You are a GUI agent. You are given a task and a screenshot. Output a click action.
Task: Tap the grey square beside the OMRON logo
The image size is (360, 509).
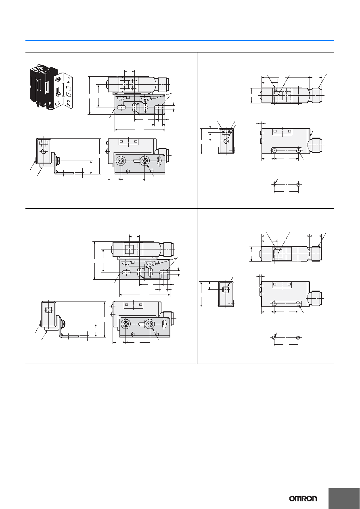[344, 494]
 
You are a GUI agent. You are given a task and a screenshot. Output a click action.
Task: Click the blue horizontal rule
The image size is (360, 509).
[180, 40]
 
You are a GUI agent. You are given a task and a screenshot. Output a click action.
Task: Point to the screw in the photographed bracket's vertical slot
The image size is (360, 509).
[58, 93]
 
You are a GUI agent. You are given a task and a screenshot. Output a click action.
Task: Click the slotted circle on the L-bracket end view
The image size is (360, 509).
[44, 151]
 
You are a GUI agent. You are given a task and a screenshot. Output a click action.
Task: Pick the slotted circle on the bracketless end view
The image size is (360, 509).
[226, 141]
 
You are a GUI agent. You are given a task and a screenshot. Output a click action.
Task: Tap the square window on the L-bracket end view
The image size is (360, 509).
[48, 310]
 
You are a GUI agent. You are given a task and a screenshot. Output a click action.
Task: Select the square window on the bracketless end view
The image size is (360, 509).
[226, 289]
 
